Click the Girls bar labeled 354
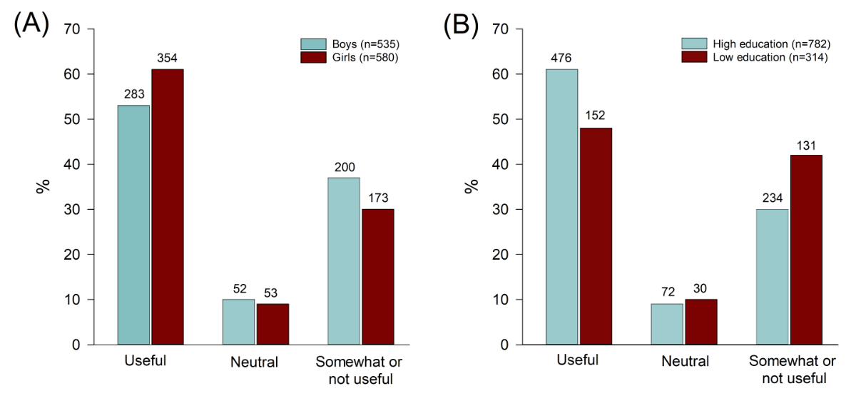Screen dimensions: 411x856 tap(168, 207)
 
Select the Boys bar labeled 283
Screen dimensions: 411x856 tap(133, 225)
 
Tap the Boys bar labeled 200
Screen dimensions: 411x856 tap(343, 261)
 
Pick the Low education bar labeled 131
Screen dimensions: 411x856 tap(806, 250)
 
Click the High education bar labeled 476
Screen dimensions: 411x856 tap(561, 207)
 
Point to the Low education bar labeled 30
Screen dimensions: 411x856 tap(700, 322)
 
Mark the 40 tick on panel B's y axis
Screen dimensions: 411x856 tap(501, 164)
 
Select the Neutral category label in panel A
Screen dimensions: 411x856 tap(254, 362)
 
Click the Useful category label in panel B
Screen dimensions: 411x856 tap(577, 360)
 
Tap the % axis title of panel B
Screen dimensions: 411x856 tap(471, 186)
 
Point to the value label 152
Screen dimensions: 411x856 tap(596, 116)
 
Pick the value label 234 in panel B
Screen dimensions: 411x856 tap(772, 197)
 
